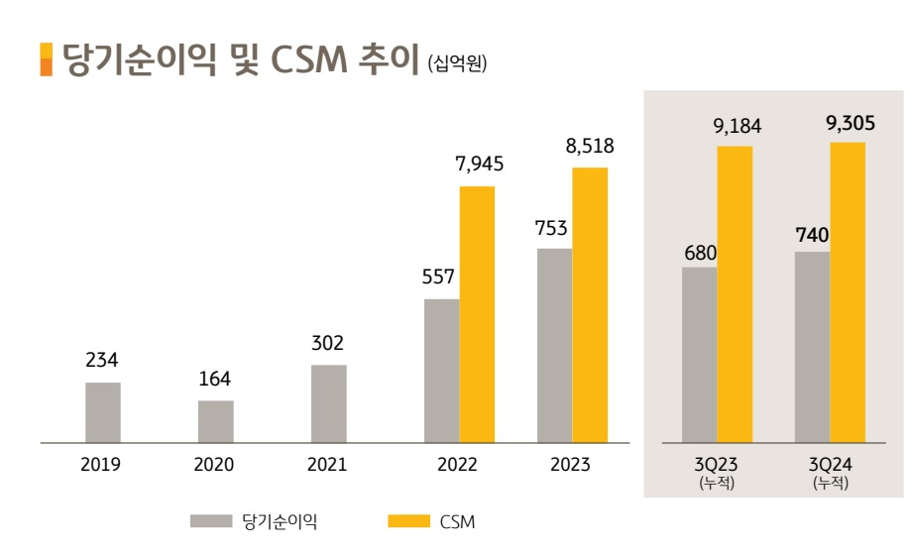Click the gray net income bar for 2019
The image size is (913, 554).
(x=103, y=412)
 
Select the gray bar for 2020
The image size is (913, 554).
(x=215, y=421)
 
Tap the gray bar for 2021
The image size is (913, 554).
(x=328, y=403)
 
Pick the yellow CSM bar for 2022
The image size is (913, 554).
(x=477, y=314)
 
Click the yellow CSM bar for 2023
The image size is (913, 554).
(x=590, y=305)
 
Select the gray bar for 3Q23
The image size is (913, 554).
(x=699, y=355)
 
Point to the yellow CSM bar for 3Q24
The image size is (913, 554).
(x=848, y=292)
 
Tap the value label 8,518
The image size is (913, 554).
(x=590, y=146)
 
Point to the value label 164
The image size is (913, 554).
(x=215, y=380)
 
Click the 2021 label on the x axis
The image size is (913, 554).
(x=328, y=465)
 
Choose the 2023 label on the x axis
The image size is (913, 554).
(x=571, y=465)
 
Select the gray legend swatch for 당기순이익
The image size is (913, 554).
(x=209, y=521)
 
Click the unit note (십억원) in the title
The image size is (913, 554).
(x=457, y=64)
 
